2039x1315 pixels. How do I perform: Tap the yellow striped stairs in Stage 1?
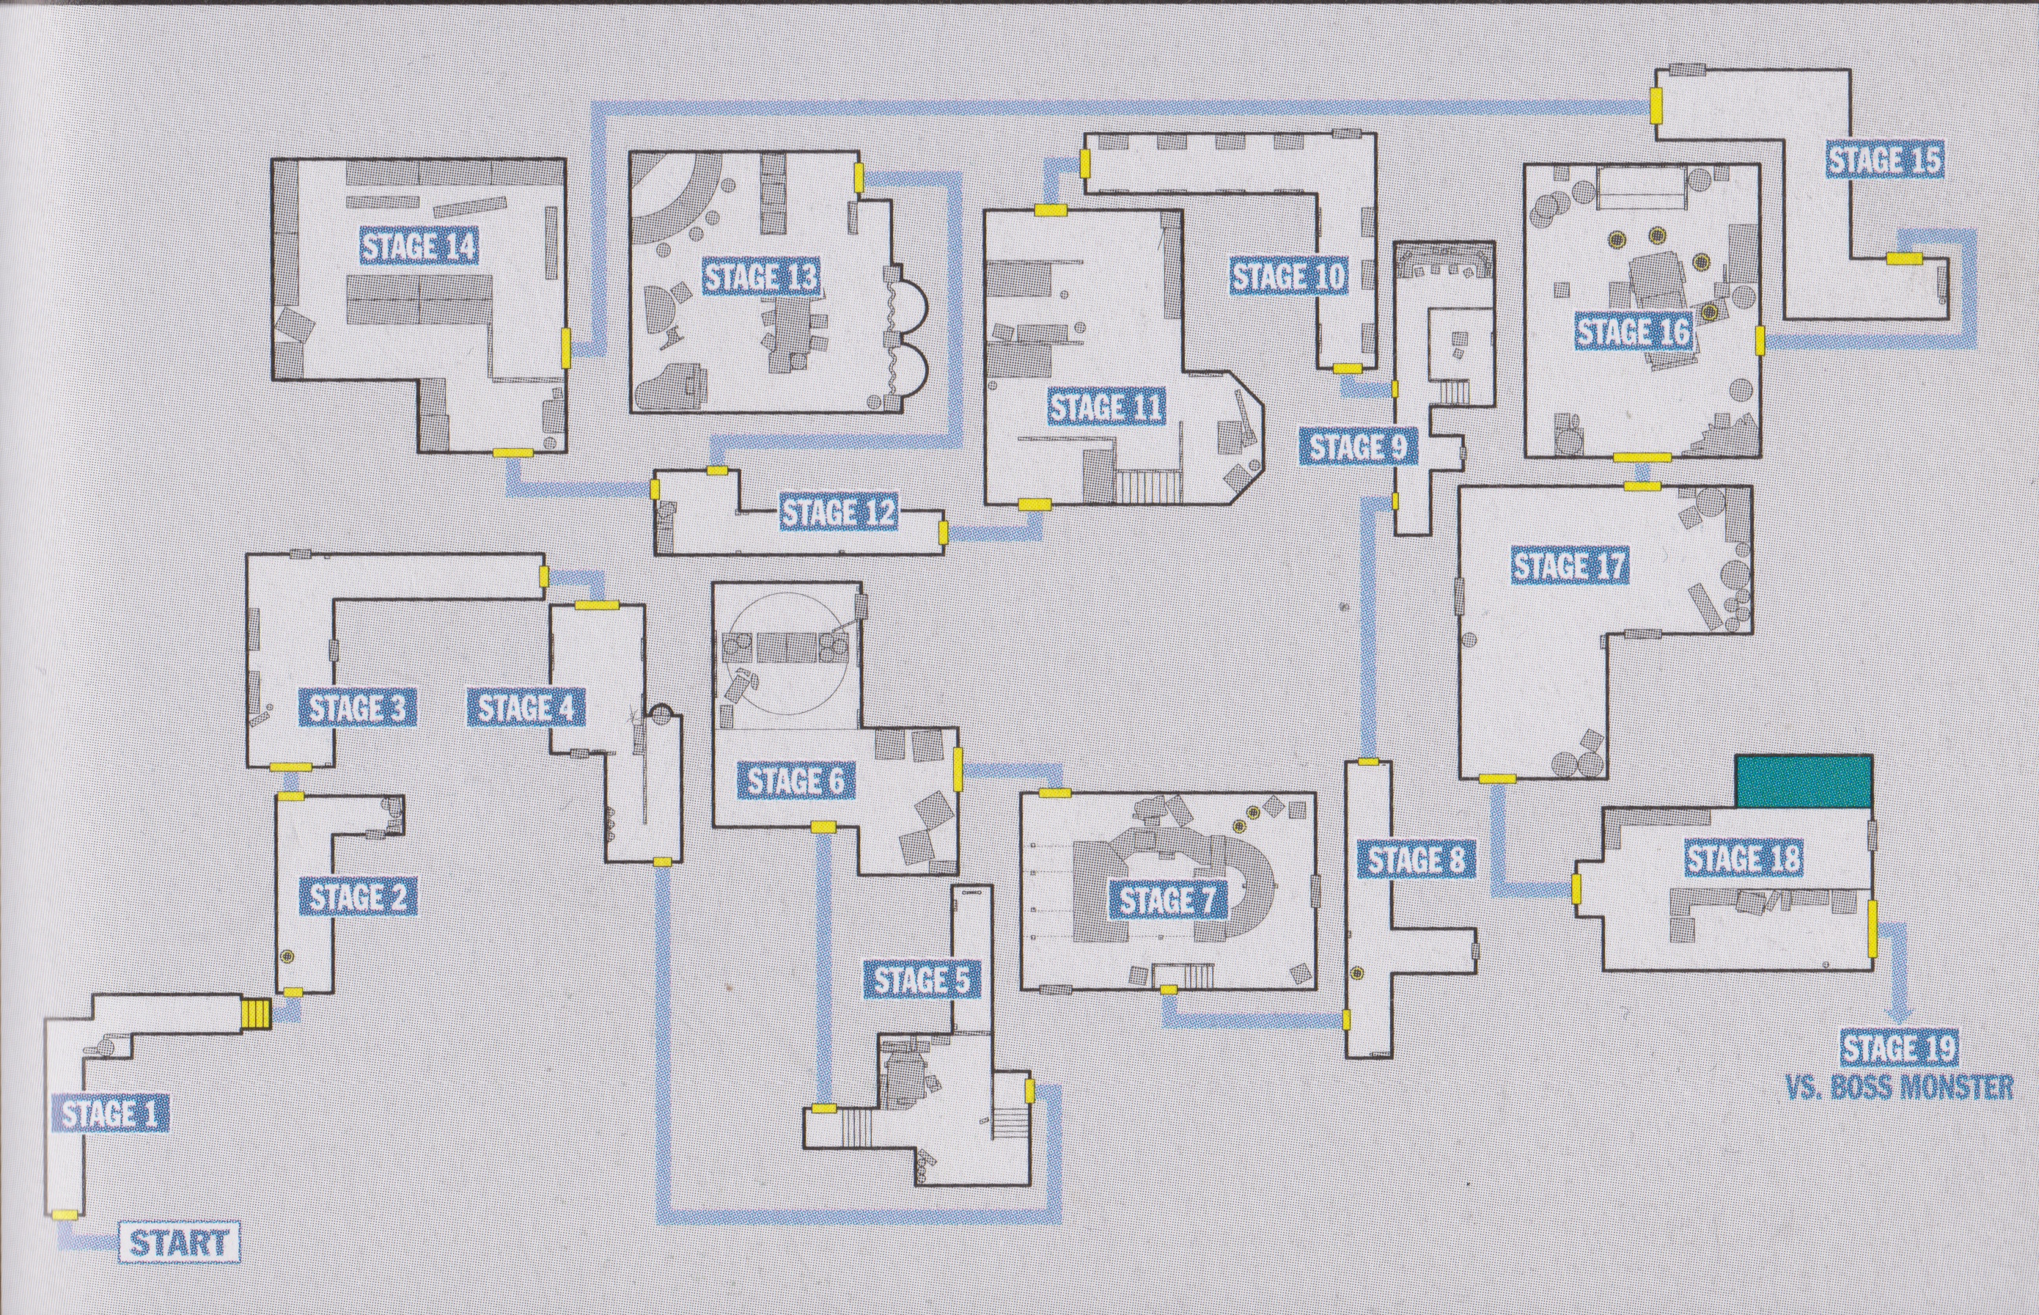pos(255,1014)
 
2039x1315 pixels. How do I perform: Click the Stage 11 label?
pos(1106,407)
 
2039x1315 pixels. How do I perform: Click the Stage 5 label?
pos(922,981)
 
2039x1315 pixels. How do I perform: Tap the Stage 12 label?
pos(838,513)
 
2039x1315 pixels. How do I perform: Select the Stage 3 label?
pos(357,708)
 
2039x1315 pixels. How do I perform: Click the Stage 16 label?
pos(1633,332)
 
